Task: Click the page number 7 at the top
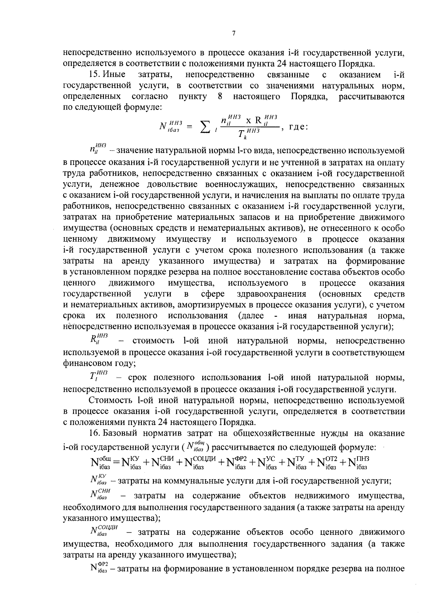[234, 33]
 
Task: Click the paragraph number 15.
[94, 75]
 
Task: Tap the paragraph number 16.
[94, 433]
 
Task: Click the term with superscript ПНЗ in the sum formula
[358, 462]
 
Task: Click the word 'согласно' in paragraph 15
[150, 97]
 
